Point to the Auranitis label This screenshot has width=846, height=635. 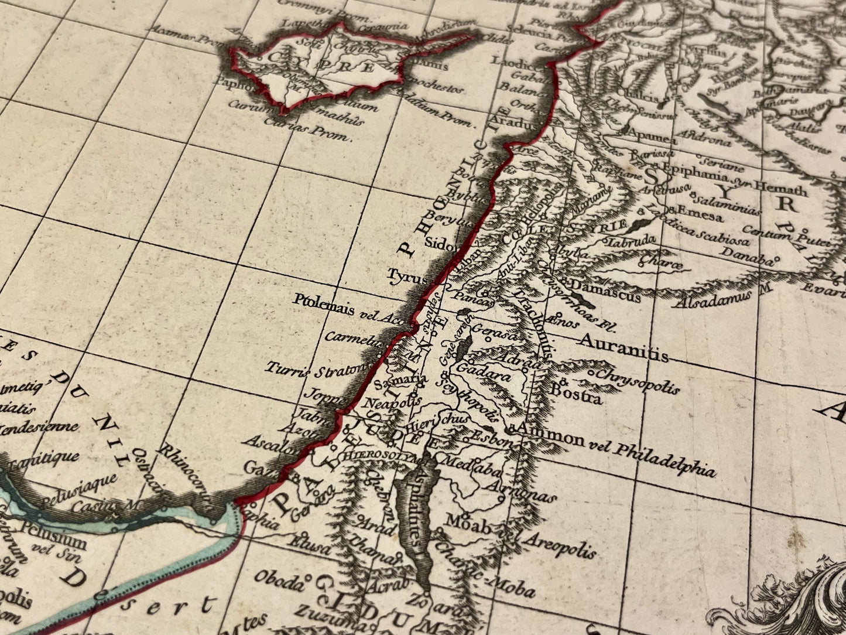[x=623, y=346]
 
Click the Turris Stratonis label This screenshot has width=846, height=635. [x=319, y=369]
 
